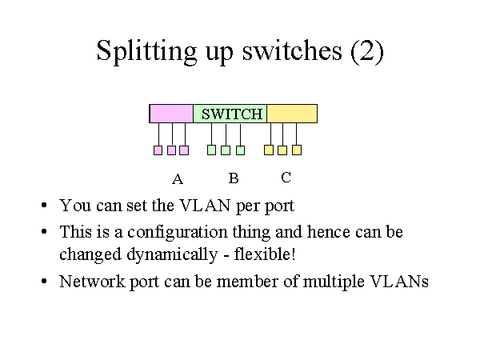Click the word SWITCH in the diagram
pyautogui.click(x=232, y=114)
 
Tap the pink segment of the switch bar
pyautogui.click(x=171, y=114)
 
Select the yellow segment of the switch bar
pyautogui.click(x=292, y=114)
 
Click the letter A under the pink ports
pyautogui.click(x=178, y=178)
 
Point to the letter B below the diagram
pyautogui.click(x=234, y=178)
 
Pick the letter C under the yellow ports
pyautogui.click(x=286, y=178)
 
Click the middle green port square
pyautogui.click(x=226, y=150)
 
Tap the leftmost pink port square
pyautogui.click(x=158, y=150)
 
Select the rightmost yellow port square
pyautogui.click(x=297, y=150)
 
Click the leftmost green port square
pyautogui.click(x=211, y=150)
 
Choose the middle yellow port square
pyautogui.click(x=282, y=150)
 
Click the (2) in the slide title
pyautogui.click(x=367, y=51)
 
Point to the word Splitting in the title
pyautogui.click(x=146, y=52)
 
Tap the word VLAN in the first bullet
pyautogui.click(x=205, y=206)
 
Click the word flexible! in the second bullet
pyautogui.click(x=265, y=254)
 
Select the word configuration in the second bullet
pyautogui.click(x=178, y=233)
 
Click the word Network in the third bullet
pyautogui.click(x=92, y=282)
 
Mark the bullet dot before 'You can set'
pyautogui.click(x=44, y=205)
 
